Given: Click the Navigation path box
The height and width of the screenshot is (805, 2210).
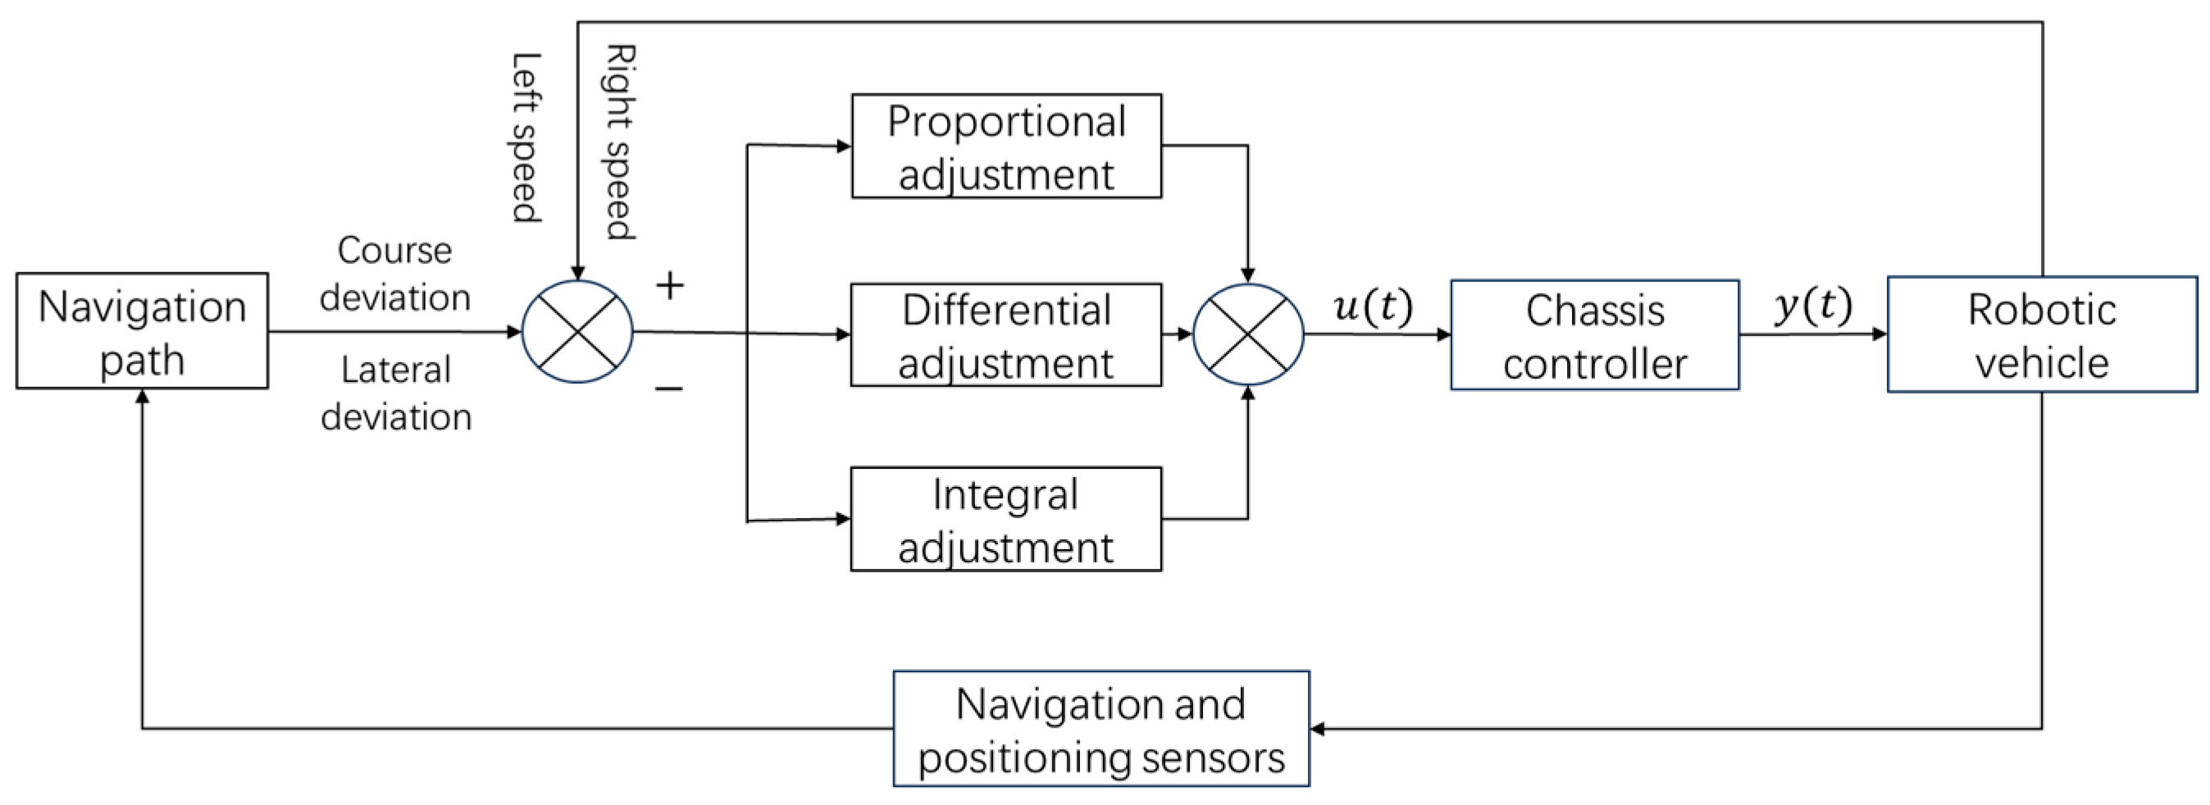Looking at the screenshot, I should (x=142, y=331).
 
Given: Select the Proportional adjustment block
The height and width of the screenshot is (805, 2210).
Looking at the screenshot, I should (x=1005, y=147).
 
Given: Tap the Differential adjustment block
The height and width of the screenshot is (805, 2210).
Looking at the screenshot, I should (x=1005, y=335).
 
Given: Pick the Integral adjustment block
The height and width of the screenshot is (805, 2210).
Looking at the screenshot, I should (x=1005, y=520).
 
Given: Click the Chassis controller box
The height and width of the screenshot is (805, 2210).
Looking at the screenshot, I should (x=1594, y=335).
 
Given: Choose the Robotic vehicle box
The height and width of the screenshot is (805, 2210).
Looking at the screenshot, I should (x=2041, y=334).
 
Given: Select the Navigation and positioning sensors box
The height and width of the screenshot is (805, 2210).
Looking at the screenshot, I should (x=1100, y=729).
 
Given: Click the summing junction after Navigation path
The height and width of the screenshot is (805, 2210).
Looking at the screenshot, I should (x=577, y=332).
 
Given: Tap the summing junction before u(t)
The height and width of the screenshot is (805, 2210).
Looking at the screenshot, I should (x=1247, y=334).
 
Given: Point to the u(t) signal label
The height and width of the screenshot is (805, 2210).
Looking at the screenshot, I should (x=1372, y=306).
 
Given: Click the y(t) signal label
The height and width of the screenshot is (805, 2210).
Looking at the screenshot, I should (x=1812, y=304).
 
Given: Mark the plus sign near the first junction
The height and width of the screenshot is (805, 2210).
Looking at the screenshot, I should (x=669, y=285).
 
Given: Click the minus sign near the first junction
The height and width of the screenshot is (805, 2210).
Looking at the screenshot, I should (x=669, y=390).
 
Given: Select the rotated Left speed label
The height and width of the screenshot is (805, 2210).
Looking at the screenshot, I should (x=526, y=137).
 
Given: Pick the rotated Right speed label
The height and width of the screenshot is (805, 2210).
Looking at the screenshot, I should (x=619, y=142).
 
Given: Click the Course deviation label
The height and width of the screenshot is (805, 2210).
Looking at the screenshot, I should (x=394, y=275).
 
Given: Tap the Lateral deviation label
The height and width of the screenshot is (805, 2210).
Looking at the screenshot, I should (x=395, y=393).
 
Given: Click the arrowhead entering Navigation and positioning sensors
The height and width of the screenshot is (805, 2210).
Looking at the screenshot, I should (x=1318, y=730).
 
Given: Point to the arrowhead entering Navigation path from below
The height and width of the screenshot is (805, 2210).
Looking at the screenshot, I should (x=143, y=396).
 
